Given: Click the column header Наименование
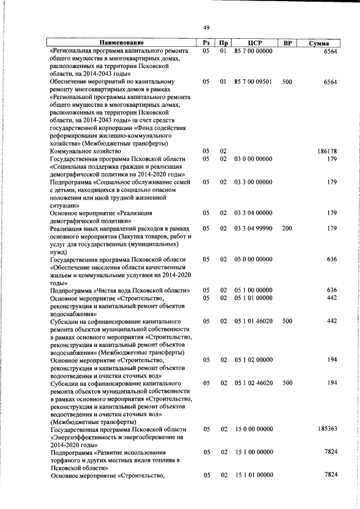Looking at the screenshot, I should tap(122, 43).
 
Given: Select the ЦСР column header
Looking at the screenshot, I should tap(253, 43).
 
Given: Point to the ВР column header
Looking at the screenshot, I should tap(287, 43).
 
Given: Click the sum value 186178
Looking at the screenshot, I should tap(326, 151).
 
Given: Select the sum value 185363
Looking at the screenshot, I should tap(326, 429).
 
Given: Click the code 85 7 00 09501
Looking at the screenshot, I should tap(254, 82).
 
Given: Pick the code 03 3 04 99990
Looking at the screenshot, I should tap(254, 228).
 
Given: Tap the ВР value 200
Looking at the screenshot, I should tap(287, 228).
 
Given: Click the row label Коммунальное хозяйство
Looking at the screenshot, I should tap(85, 151).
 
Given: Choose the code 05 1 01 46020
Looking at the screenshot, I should tap(254, 321).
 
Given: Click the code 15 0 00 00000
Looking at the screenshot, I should tap(254, 429).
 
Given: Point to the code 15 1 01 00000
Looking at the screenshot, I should tap(254, 475).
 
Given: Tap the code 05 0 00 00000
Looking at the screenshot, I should tap(254, 259).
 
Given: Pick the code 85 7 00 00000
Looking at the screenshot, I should tap(254, 51).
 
